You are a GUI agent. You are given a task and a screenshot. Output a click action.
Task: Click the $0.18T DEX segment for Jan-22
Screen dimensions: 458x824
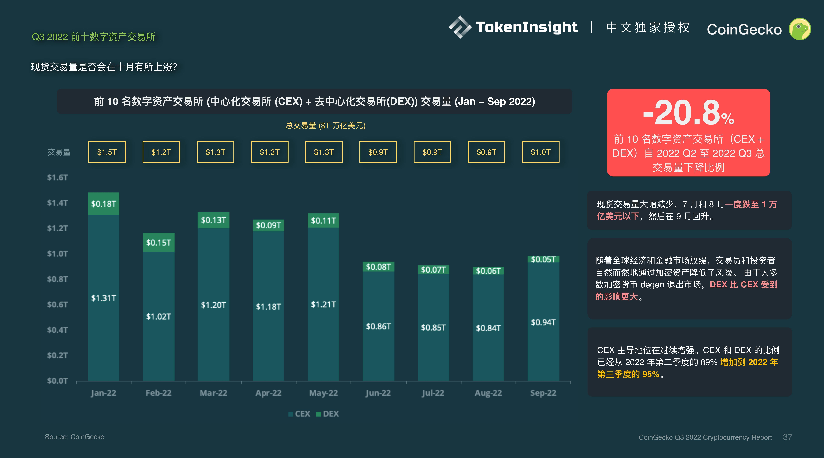pos(104,204)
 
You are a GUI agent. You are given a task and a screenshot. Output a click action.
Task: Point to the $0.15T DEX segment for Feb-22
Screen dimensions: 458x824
pos(159,242)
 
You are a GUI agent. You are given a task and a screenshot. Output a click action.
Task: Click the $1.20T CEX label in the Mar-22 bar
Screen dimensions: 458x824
pos(213,305)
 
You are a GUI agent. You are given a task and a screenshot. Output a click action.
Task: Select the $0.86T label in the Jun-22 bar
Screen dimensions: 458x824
pos(378,326)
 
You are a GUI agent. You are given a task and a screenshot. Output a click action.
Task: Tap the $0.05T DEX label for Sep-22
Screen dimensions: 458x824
pos(543,259)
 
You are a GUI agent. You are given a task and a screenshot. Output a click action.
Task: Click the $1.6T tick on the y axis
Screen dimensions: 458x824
pos(58,177)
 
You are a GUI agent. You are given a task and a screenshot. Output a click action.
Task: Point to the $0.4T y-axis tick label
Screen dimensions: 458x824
pos(58,330)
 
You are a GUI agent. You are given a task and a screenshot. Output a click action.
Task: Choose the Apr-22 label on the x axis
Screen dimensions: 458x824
pos(268,393)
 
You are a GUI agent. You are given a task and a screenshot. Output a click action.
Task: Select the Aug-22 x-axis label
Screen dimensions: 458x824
pos(488,393)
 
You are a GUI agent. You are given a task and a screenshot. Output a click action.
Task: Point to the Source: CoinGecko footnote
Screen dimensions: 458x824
pos(75,437)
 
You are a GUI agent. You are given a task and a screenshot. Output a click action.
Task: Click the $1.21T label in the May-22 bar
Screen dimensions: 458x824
pos(323,304)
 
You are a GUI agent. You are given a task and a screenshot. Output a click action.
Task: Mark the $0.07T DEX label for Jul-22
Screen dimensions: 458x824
pos(433,270)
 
